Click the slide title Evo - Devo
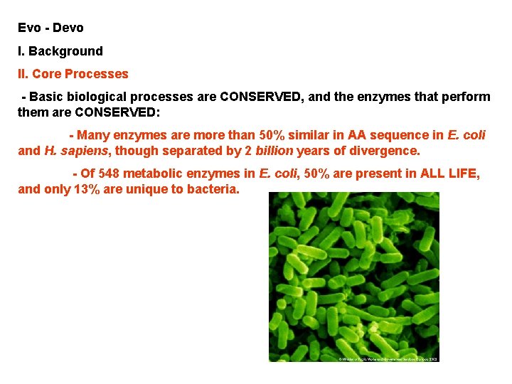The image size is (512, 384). click(50, 28)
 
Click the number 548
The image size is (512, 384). click(110, 174)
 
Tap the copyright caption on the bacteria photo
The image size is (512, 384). click(388, 358)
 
